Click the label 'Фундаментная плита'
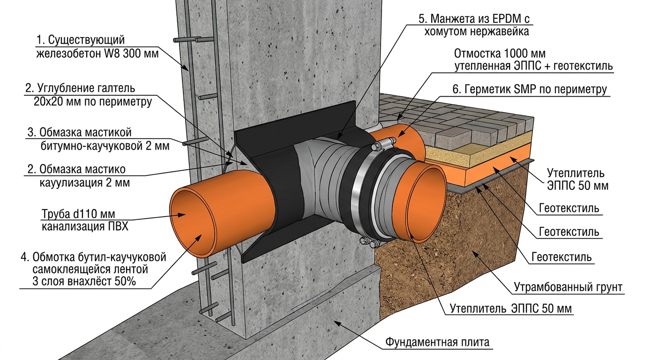(437, 342)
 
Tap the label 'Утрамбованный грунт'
(568, 287)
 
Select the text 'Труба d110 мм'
(78, 214)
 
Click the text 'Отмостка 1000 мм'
(500, 53)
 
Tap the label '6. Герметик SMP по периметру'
(530, 89)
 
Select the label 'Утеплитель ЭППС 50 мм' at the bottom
(510, 308)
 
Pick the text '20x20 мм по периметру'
(93, 101)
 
